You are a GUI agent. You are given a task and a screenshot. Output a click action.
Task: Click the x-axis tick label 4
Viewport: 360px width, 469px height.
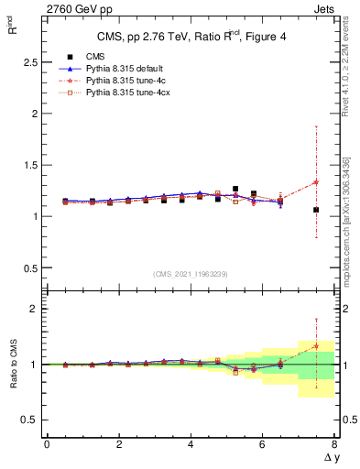[191, 444]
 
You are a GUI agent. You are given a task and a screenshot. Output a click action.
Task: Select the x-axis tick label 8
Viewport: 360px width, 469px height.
[334, 444]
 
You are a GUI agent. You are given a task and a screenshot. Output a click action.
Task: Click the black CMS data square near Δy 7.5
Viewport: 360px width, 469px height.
[316, 210]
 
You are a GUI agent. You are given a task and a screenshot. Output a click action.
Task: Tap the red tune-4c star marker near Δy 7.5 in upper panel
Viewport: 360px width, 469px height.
[316, 181]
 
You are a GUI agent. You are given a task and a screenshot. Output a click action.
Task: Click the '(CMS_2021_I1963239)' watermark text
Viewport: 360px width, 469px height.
[190, 274]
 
